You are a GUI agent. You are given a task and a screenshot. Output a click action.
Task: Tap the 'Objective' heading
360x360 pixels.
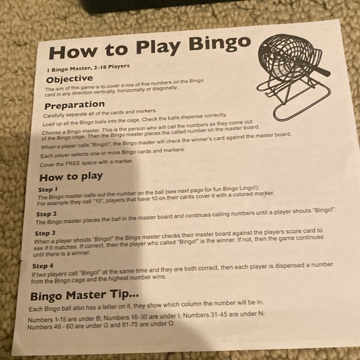point(70,79)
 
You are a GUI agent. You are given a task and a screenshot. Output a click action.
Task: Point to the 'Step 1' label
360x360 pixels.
point(48,189)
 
